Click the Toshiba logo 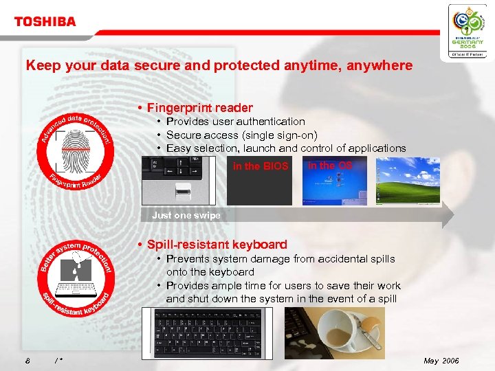tap(45, 21)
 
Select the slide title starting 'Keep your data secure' tap(219, 66)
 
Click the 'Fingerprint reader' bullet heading tap(199, 108)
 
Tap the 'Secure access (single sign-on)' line tap(241, 135)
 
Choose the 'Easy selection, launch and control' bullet tap(285, 148)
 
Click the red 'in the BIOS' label tap(261, 166)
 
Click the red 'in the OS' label tap(330, 166)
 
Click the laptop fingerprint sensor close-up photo tap(183, 180)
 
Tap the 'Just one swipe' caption tap(186, 215)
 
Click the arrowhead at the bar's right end tap(448, 215)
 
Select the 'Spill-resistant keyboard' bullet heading tap(217, 245)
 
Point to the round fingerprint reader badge tap(76, 148)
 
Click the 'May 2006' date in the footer tap(441, 361)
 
